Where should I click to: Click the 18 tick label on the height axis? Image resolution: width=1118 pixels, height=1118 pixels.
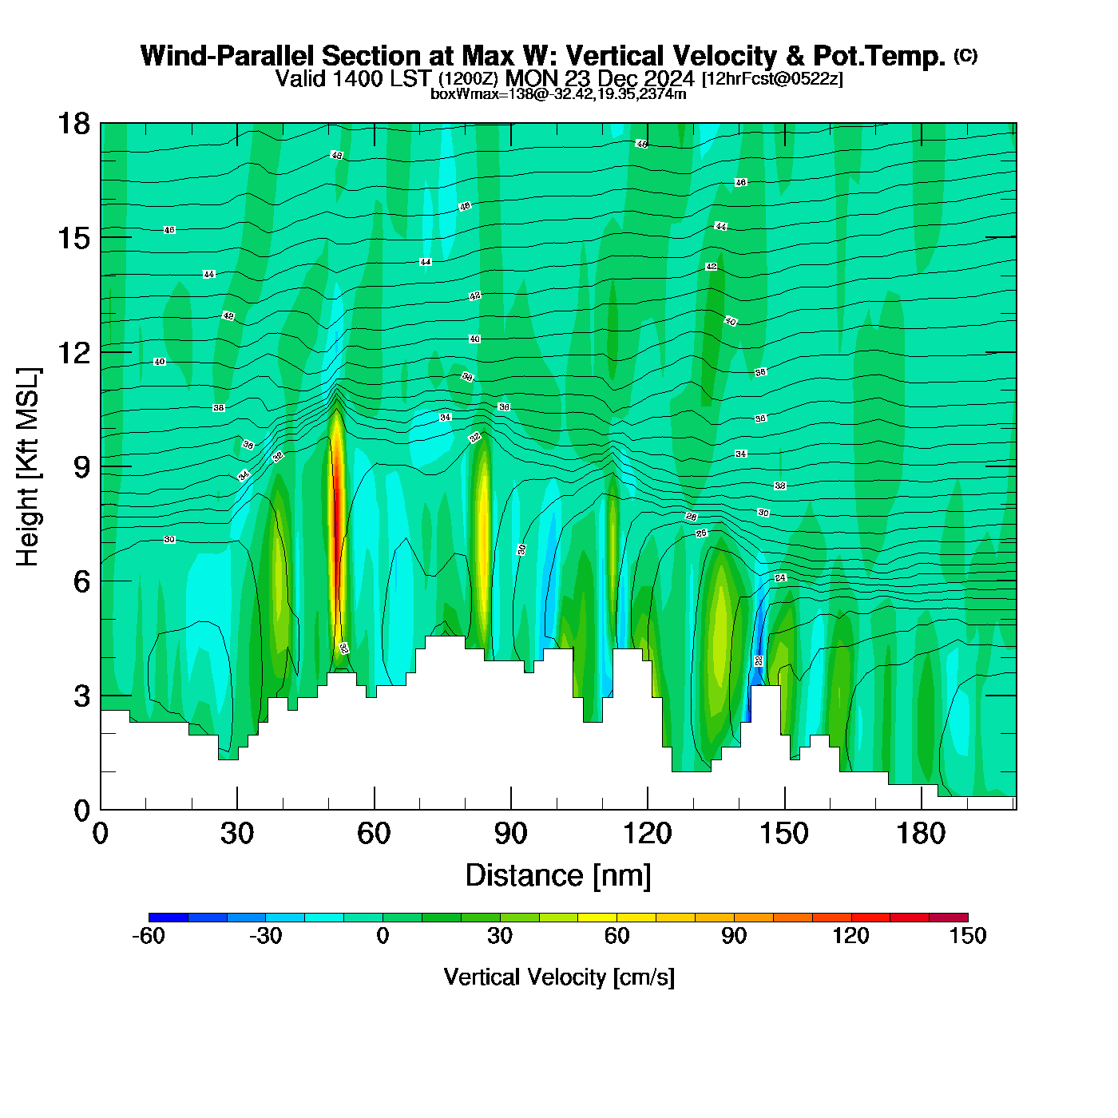(x=73, y=124)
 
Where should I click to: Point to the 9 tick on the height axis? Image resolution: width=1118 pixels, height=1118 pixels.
(x=101, y=466)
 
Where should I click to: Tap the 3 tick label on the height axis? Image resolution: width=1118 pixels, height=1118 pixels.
(x=81, y=696)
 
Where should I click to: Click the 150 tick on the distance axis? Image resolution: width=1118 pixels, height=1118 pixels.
(x=784, y=808)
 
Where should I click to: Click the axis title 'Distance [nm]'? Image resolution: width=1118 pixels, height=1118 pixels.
(x=558, y=876)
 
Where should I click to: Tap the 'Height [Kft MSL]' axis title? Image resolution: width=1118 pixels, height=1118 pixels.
(x=28, y=467)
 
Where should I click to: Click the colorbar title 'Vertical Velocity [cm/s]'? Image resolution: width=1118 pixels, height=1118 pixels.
(x=558, y=977)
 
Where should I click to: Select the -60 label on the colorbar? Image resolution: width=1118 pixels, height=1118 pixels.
(x=149, y=936)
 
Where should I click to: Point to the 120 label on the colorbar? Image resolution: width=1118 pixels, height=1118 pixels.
(x=850, y=936)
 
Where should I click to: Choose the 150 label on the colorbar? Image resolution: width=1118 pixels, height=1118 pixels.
(x=967, y=936)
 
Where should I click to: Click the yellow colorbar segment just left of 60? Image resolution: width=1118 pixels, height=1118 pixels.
(x=597, y=918)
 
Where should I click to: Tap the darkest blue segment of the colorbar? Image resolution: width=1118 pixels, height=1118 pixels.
(x=168, y=918)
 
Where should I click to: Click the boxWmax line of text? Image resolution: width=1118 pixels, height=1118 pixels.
(x=558, y=93)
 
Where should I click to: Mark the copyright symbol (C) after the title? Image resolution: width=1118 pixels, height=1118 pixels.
(x=965, y=55)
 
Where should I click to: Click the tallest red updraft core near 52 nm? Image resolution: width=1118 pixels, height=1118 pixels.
(x=338, y=519)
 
